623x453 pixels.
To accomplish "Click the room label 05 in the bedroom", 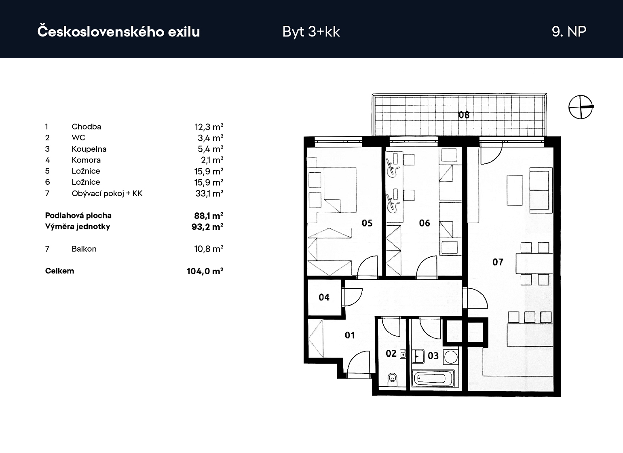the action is click(x=367, y=223).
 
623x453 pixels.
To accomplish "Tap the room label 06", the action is click(x=424, y=223).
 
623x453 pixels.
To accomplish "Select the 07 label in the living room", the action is click(x=498, y=262).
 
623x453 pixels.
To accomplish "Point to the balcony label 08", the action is click(x=464, y=115).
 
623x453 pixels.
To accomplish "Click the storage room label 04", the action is click(x=324, y=297).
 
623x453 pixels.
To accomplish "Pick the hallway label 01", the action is click(x=350, y=335).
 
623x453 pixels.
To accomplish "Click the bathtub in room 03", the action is click(x=433, y=379).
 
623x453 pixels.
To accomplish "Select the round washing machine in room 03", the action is click(x=450, y=357).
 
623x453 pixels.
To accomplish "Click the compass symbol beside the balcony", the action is click(x=581, y=107).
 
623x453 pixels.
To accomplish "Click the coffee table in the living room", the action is click(x=515, y=190).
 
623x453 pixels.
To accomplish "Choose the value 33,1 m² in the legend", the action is click(x=209, y=193).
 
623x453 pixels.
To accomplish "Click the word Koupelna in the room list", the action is click(x=89, y=149).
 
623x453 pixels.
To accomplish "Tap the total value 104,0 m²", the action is click(x=205, y=271).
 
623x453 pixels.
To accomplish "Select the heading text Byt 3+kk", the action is click(x=311, y=32).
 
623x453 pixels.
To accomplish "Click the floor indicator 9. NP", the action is click(x=569, y=32).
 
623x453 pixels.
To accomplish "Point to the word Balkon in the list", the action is click(x=84, y=249).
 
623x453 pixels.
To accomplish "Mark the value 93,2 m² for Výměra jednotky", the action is click(x=207, y=227).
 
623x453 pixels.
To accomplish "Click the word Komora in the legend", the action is click(x=86, y=160).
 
